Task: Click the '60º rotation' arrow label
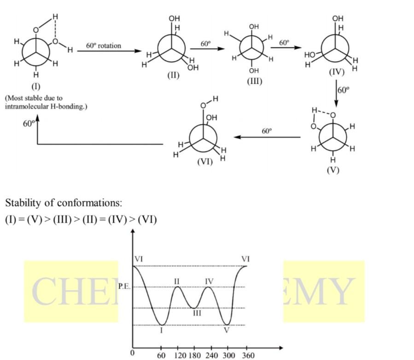[x=103, y=46]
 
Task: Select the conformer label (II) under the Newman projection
[x=173, y=75]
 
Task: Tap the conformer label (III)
[x=254, y=81]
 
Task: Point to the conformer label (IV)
[x=337, y=72]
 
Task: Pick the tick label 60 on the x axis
[x=161, y=355]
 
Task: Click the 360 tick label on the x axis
[x=247, y=355]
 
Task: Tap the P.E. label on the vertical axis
[x=124, y=287]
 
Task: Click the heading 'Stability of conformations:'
[x=64, y=203]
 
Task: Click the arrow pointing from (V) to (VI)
[x=267, y=137]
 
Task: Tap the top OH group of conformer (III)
[x=254, y=27]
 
